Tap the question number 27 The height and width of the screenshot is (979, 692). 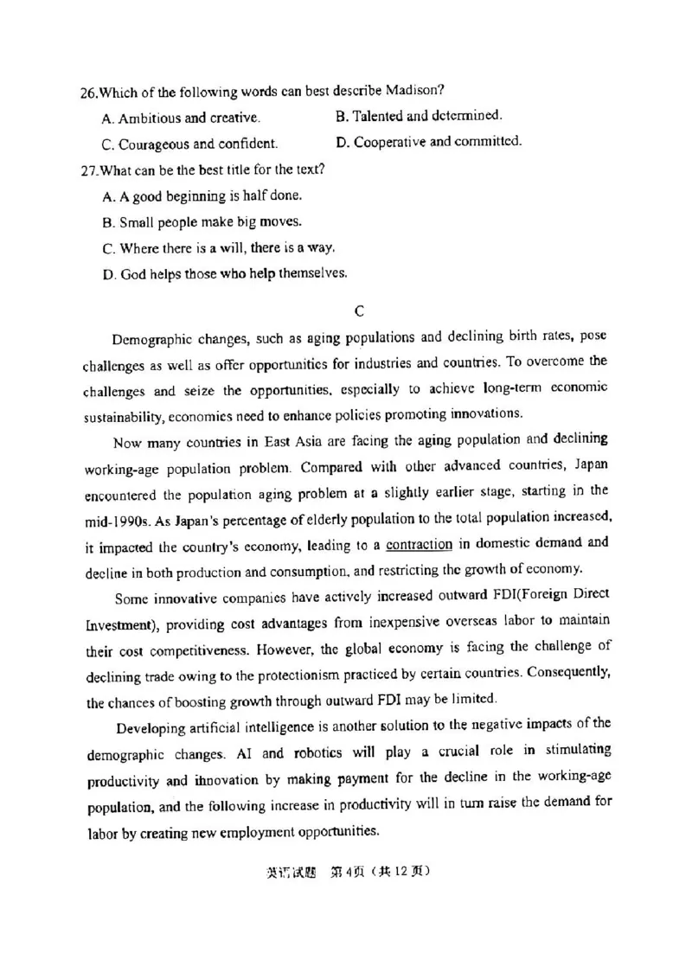click(88, 170)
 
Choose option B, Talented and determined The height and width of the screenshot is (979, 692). click(419, 115)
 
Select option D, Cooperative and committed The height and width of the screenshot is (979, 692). click(428, 141)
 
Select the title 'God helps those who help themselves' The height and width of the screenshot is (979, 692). click(224, 274)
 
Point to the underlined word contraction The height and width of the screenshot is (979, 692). click(420, 544)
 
